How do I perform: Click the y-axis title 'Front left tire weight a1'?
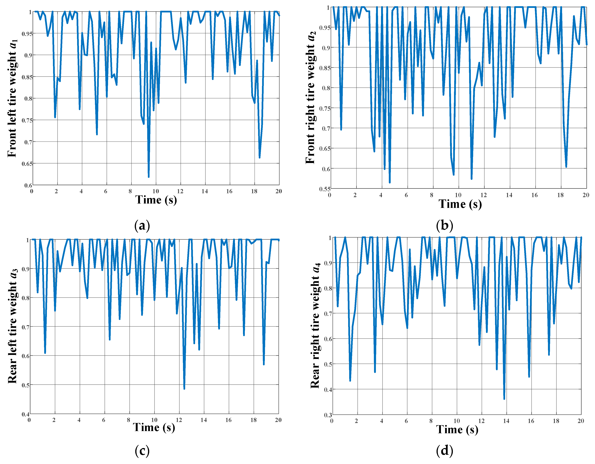click(12, 98)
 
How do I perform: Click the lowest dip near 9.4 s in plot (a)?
click(149, 177)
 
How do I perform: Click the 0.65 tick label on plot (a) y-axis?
click(27, 164)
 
